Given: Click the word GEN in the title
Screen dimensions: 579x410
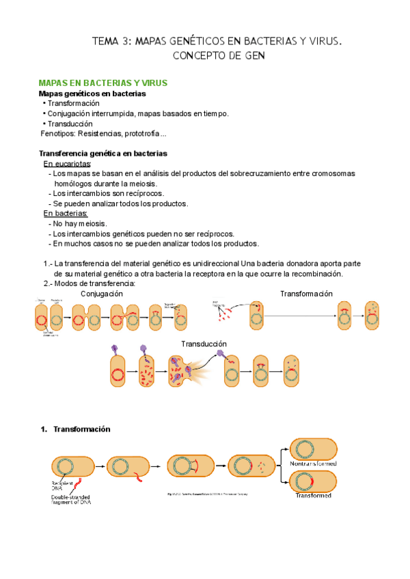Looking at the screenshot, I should [249, 55].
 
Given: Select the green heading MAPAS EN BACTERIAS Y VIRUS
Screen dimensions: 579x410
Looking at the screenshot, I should [102, 83].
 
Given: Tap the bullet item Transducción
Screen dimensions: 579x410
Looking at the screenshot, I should [70, 124].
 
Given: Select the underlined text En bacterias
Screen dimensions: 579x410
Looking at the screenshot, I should [66, 214].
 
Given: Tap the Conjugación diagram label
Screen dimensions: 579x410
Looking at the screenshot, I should [102, 293].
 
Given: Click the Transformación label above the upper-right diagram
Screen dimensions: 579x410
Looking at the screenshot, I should [306, 294].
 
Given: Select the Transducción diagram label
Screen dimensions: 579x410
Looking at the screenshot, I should [204, 343].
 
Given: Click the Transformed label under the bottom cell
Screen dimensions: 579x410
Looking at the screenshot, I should [314, 496].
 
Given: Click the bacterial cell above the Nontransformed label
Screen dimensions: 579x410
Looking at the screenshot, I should [314, 449].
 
